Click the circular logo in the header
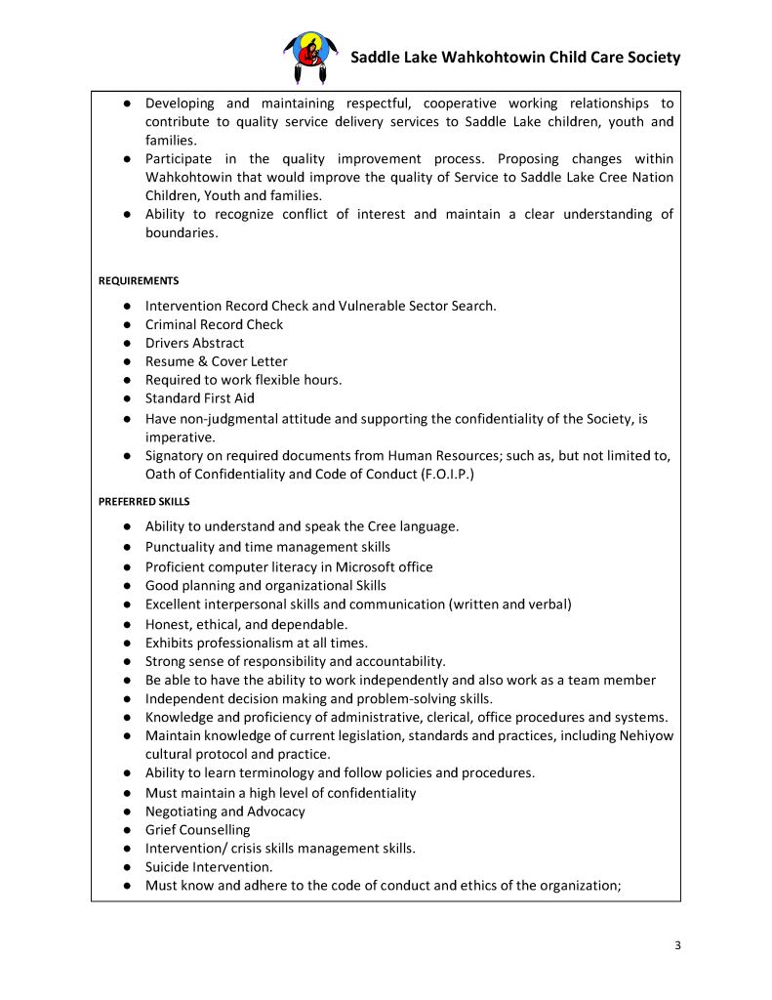click(311, 57)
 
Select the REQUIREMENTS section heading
click(139, 281)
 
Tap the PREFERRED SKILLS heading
click(143, 502)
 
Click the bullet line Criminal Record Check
click(214, 324)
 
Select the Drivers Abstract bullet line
click(194, 343)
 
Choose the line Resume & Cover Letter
click(216, 361)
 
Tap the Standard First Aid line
click(199, 398)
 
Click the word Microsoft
click(370, 566)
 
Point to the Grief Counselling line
click(197, 830)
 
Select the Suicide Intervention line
click(209, 867)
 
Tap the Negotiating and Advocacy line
click(224, 812)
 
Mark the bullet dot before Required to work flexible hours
click(128, 380)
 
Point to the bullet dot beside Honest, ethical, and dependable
click(128, 624)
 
